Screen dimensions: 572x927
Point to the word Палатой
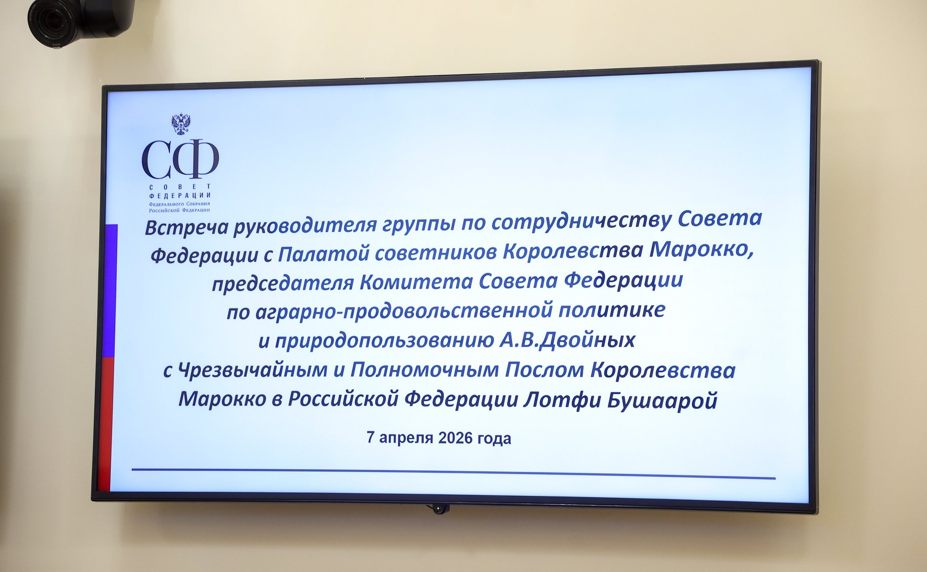tap(323, 253)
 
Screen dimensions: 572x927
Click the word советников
tap(435, 252)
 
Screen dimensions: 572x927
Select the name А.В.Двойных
tap(567, 340)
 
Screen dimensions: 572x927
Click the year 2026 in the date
tap(455, 438)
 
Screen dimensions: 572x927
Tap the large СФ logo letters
tap(180, 160)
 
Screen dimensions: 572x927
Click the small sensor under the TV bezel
tap(438, 509)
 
